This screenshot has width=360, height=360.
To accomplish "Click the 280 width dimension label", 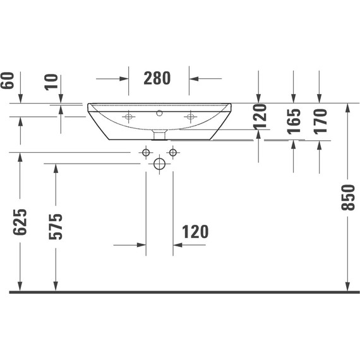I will tap(158, 78).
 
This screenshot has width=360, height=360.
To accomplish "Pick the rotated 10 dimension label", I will tap(52, 81).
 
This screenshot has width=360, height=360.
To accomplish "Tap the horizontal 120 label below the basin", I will tap(196, 232).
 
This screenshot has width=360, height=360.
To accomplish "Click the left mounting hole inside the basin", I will tap(129, 116).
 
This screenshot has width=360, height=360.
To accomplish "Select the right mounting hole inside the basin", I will tap(189, 116).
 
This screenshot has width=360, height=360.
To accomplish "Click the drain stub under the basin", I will tap(160, 135).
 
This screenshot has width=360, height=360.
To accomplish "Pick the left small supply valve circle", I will tap(146, 153).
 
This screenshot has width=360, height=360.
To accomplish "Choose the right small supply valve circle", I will tap(172, 153).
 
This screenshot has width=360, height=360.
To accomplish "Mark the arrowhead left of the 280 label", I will tap(124, 79).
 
